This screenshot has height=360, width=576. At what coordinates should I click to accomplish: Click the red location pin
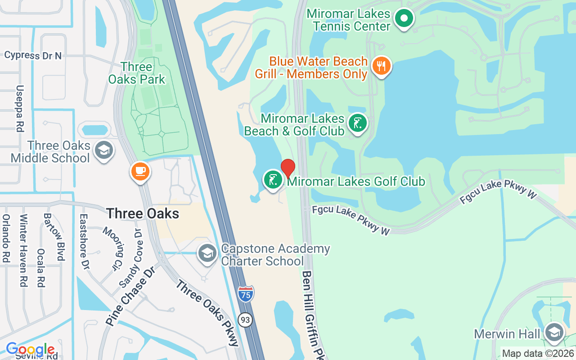288,169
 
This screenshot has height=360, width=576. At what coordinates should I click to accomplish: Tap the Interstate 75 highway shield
246,293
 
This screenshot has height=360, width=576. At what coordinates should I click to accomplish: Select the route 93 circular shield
245,320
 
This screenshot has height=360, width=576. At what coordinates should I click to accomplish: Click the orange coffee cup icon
140,171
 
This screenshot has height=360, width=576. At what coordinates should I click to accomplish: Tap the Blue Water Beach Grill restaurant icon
381,66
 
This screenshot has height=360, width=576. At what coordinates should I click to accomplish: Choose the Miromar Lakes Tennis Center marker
404,19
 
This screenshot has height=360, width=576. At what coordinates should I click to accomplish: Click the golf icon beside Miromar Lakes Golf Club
273,180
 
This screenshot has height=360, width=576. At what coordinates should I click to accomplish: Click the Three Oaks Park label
136,73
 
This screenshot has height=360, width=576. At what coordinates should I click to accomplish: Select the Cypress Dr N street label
33,55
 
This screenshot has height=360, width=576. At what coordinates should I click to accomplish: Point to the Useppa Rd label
19,108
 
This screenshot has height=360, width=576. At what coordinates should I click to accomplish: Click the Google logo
30,349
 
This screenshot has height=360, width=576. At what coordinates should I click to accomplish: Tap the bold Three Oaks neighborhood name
142,213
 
